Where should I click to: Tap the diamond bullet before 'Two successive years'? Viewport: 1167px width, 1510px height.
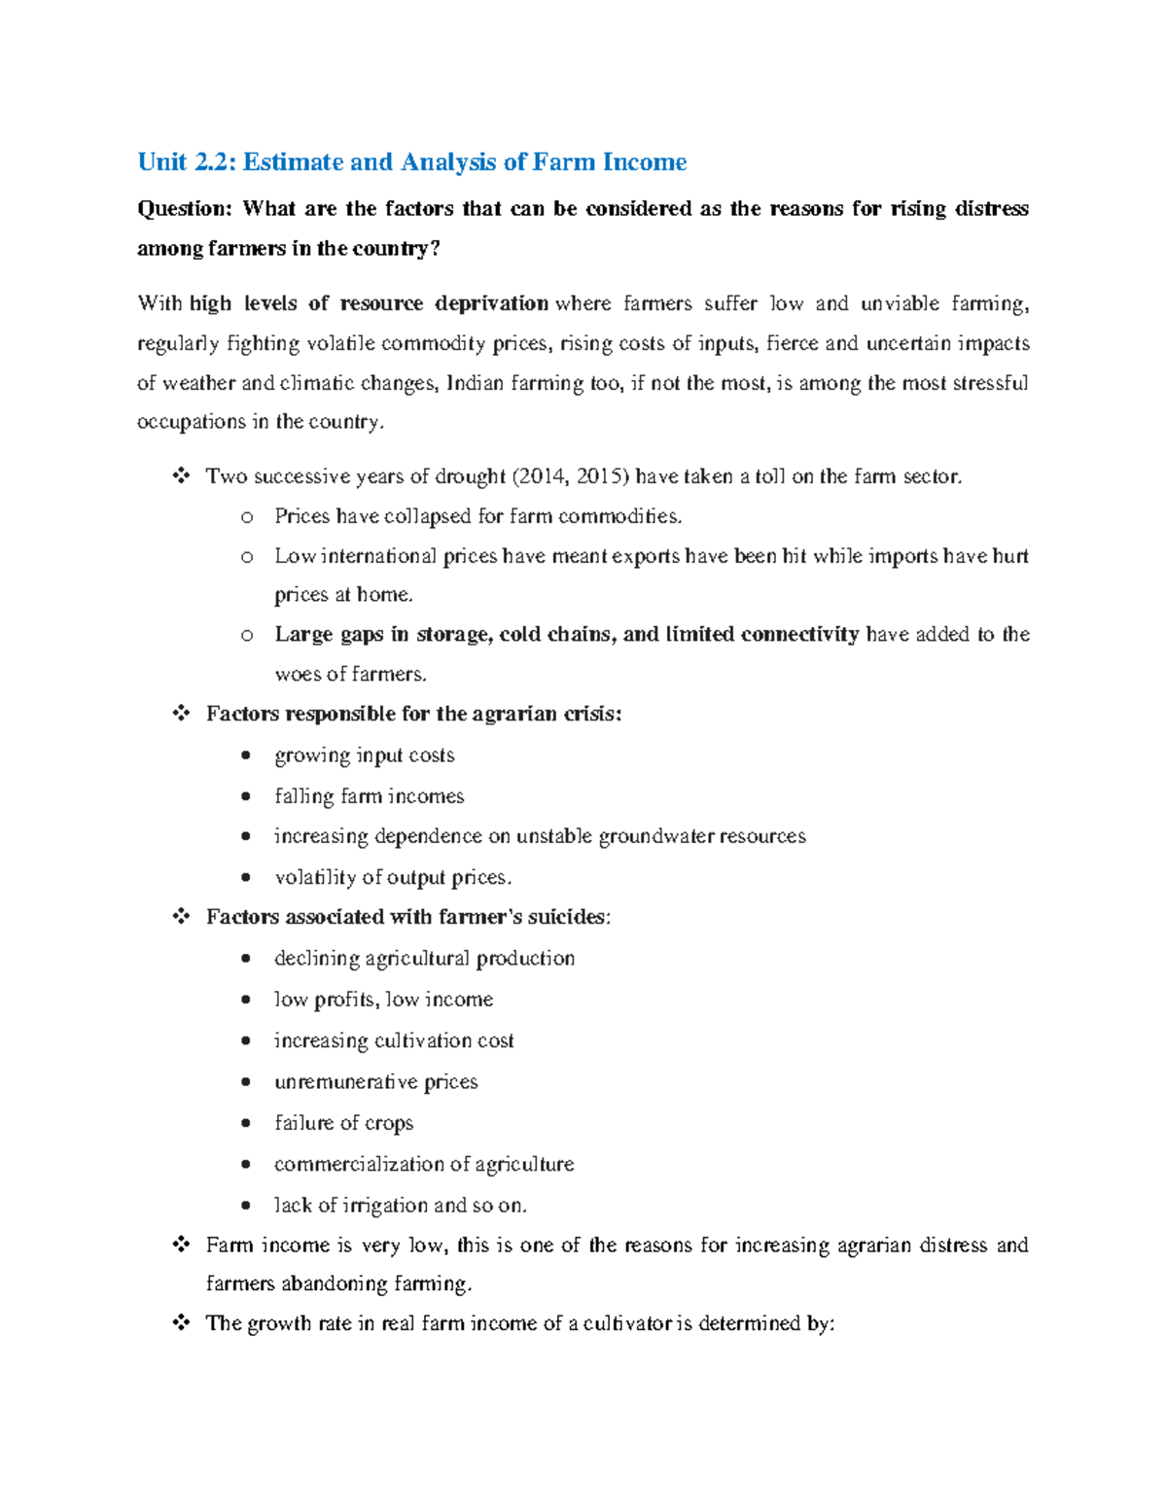[x=181, y=476]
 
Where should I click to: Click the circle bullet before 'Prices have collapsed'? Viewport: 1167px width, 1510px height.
[x=247, y=517]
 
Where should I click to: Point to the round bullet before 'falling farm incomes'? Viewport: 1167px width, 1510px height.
[x=247, y=796]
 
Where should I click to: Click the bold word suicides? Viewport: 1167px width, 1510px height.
[x=568, y=917]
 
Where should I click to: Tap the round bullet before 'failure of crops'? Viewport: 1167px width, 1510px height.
[x=247, y=1123]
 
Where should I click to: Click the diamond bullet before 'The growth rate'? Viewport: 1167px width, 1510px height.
[x=181, y=1323]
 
